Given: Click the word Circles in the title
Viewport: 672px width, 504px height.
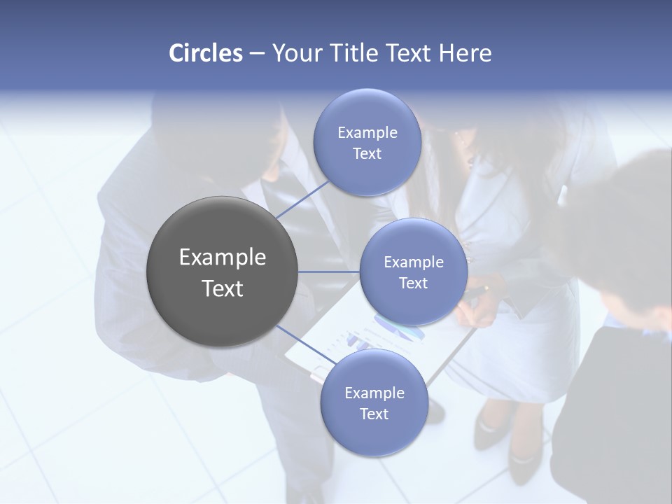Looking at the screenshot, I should point(205,53).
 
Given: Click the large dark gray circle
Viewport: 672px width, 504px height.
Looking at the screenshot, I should point(222,272).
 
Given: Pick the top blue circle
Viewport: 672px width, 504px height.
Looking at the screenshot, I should point(367,143).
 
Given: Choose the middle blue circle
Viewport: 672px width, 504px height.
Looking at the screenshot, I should point(413,272).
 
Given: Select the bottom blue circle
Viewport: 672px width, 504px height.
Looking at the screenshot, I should point(374,402).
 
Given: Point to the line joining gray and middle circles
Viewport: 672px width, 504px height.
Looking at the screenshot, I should point(329,272).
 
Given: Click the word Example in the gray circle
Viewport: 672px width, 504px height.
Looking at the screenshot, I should point(223,258).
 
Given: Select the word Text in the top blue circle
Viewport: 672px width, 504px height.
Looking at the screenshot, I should point(367,154).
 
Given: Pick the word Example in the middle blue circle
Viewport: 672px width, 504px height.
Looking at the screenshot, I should point(413,262).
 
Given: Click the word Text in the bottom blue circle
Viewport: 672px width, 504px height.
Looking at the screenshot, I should point(374,414).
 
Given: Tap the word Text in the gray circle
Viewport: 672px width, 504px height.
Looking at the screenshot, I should point(223,288).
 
